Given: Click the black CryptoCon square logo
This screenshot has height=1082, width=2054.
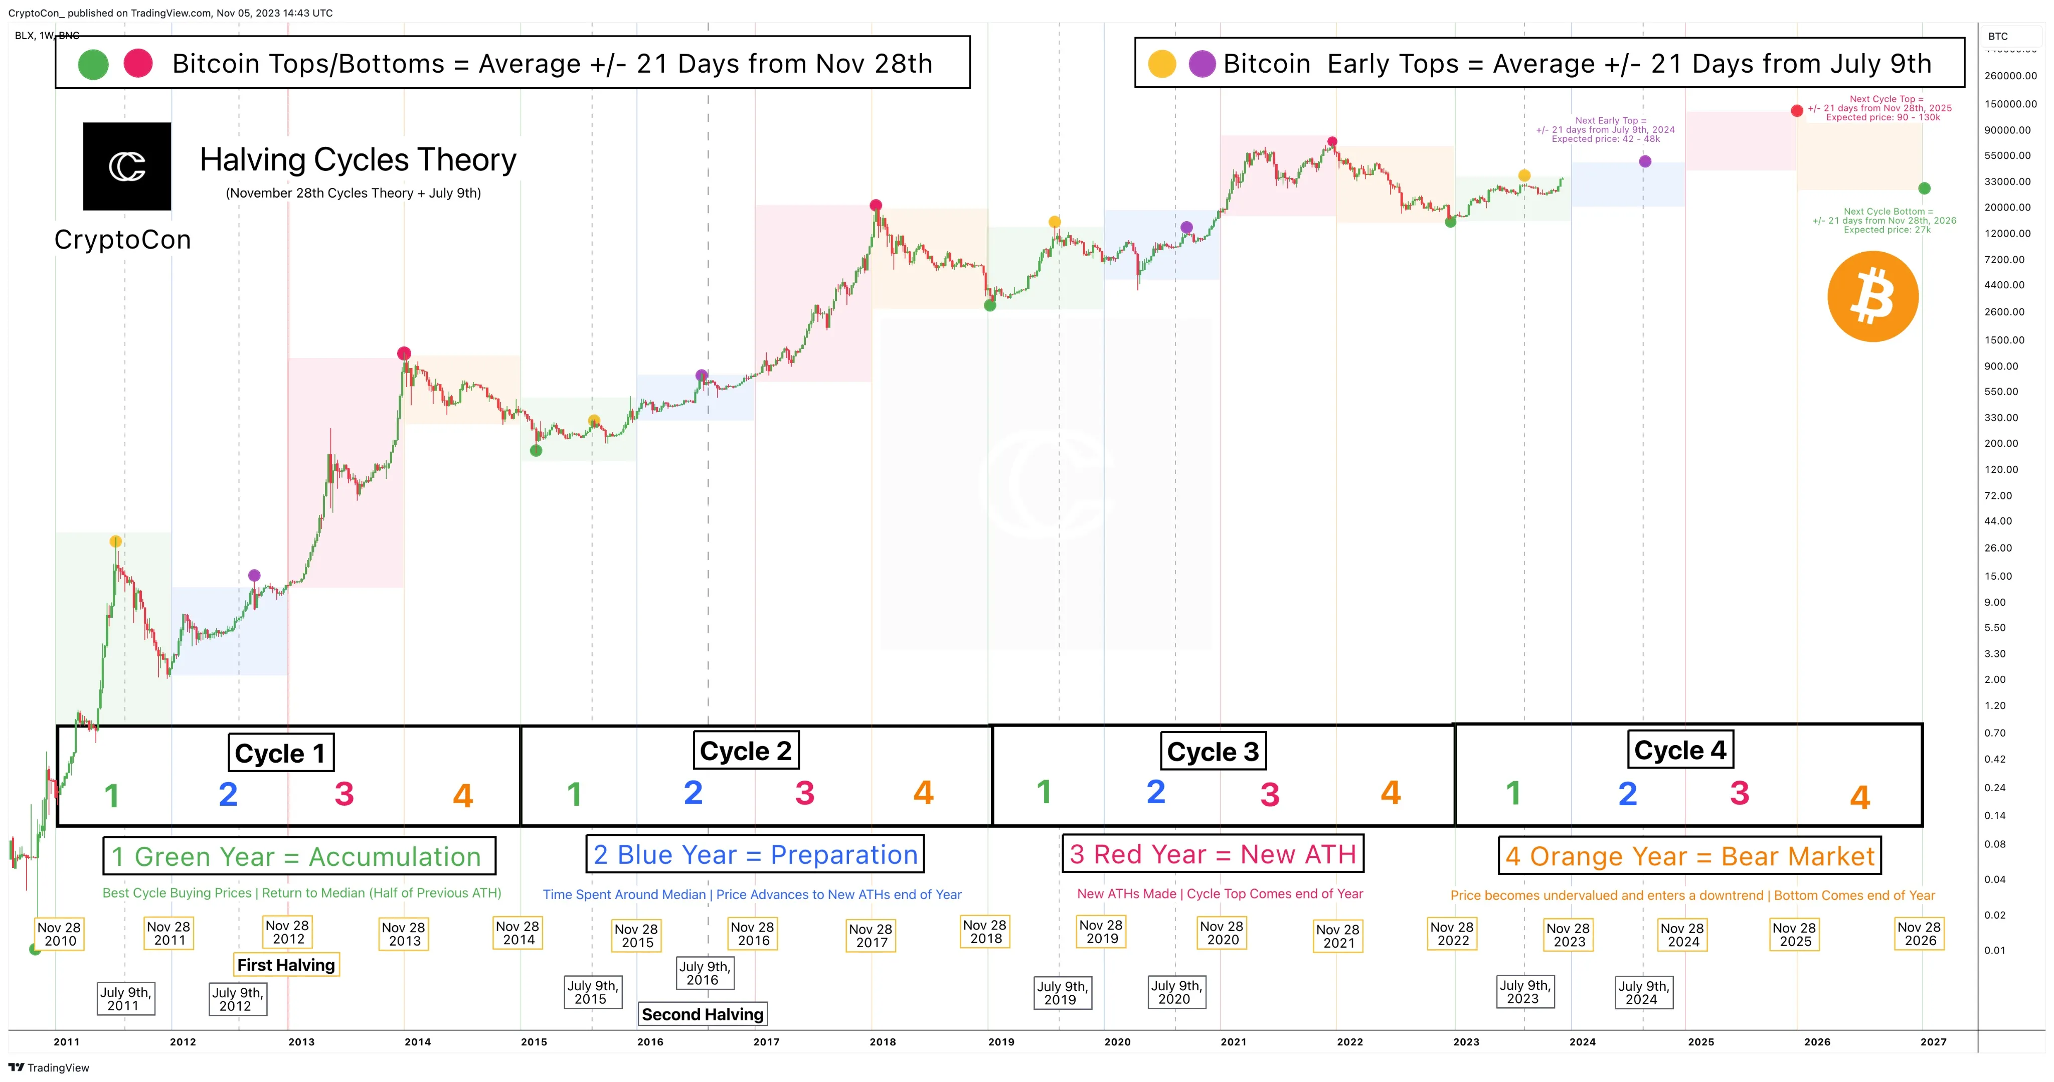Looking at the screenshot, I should click(127, 166).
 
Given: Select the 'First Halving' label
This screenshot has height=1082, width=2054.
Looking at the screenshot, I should click(286, 965).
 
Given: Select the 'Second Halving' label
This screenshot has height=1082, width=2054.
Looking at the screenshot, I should click(703, 1014).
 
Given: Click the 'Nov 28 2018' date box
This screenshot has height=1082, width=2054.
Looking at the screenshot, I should click(985, 931).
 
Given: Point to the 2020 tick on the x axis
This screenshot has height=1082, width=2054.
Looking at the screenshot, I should click(1117, 1041).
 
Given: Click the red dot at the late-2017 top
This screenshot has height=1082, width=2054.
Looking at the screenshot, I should click(876, 205).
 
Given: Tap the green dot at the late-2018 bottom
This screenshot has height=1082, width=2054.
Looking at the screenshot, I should click(989, 305).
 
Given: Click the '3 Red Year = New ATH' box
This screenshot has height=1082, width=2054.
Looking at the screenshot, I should click(1212, 854).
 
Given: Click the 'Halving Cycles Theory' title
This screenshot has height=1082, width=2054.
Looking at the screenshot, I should click(358, 160).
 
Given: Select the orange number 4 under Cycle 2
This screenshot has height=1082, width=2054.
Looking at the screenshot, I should click(923, 793).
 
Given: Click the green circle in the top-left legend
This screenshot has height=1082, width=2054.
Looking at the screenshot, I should click(93, 64).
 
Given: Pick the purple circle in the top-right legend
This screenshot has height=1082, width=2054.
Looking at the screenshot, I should click(1202, 64).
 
